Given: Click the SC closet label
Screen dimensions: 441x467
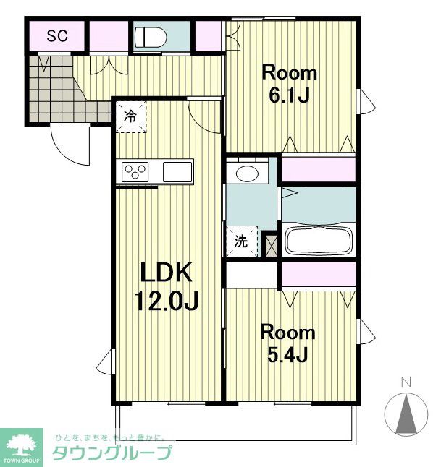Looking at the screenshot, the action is [x=57, y=36].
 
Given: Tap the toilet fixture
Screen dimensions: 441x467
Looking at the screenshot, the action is [x=150, y=37].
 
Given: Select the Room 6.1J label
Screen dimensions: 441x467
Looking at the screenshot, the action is [x=289, y=84].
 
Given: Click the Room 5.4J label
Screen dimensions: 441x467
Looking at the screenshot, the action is [x=287, y=343].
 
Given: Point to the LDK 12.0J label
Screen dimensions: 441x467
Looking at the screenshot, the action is [x=167, y=287].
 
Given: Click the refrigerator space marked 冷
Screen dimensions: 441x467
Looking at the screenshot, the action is [x=131, y=117].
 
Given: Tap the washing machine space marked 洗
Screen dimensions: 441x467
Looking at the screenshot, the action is [x=242, y=241].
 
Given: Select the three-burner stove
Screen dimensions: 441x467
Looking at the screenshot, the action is [x=135, y=172].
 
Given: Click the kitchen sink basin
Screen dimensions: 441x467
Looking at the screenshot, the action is [x=177, y=172].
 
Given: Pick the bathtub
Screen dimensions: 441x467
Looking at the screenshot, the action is [x=319, y=240].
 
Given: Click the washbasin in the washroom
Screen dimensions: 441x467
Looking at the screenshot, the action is [x=248, y=173].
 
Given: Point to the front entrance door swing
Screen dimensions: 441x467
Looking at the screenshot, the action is [x=70, y=145].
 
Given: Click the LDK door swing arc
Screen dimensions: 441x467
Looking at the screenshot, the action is [x=205, y=117].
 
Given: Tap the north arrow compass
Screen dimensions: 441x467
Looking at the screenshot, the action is [x=406, y=414].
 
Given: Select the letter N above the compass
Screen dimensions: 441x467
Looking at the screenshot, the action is [x=406, y=382].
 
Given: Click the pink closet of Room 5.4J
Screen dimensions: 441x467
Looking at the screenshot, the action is [x=319, y=275].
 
